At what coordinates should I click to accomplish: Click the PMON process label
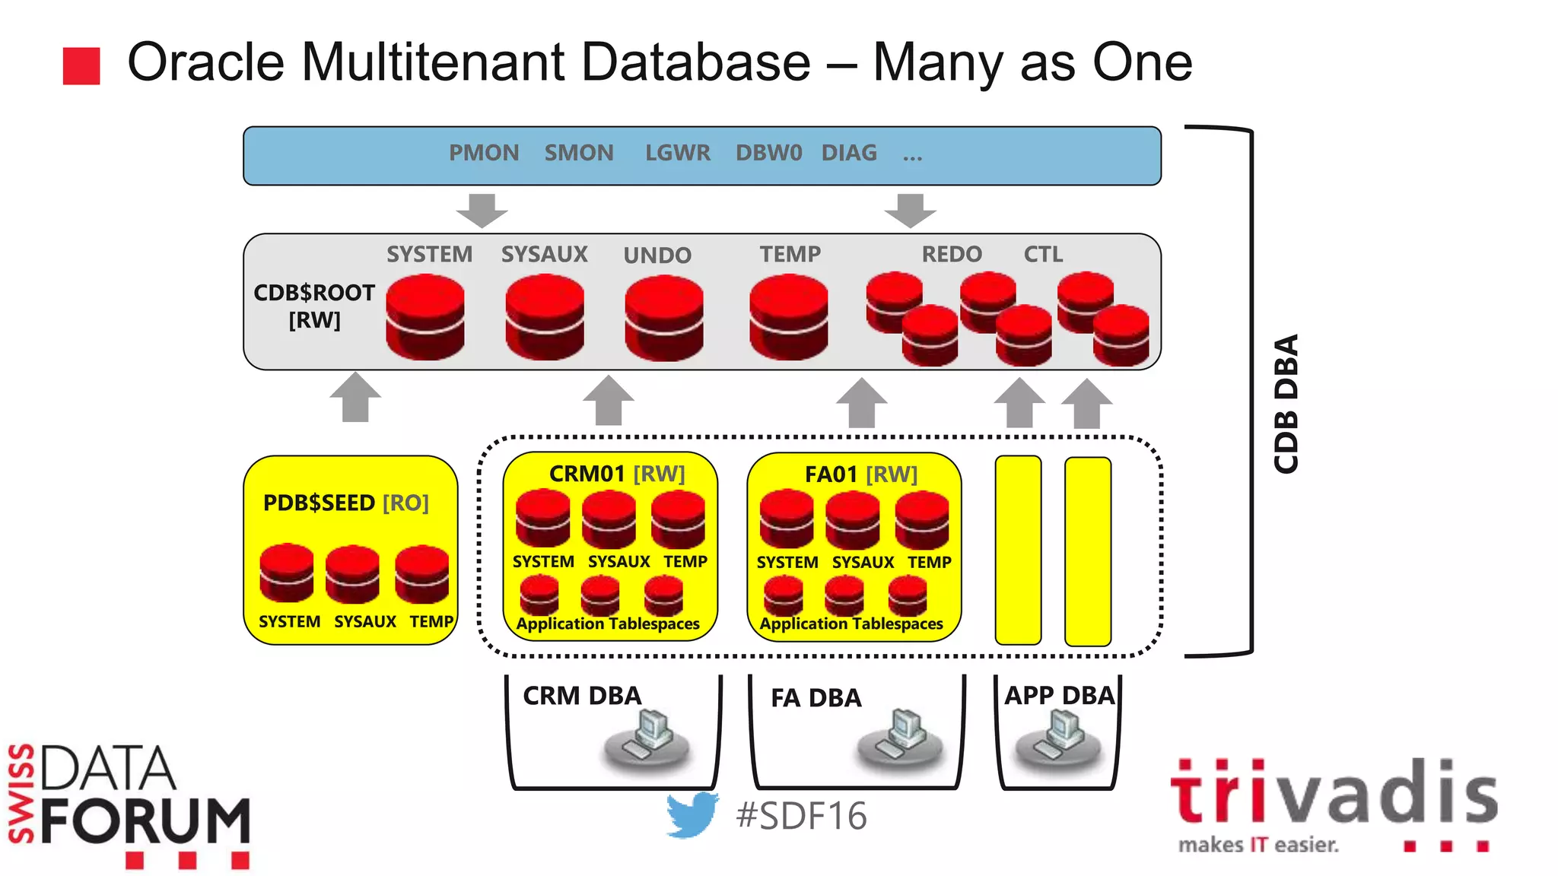coord(483,154)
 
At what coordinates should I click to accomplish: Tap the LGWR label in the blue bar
coord(677,154)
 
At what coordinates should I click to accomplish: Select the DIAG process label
coord(848,154)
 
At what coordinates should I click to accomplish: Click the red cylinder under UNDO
coord(663,318)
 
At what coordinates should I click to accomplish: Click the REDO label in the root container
coord(952,255)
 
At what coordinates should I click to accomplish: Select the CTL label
coord(1042,255)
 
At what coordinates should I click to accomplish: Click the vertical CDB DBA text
coord(1286,403)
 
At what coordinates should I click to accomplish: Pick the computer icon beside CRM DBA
coord(647,739)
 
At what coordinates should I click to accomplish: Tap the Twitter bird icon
coord(692,814)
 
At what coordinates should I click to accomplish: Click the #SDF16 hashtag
coord(800,816)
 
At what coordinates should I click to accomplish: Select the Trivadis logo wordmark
coord(1333,795)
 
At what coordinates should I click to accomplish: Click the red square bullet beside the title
coord(81,66)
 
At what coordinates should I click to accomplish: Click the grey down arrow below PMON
coord(482,210)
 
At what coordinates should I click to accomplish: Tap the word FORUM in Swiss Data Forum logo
coord(145,822)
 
